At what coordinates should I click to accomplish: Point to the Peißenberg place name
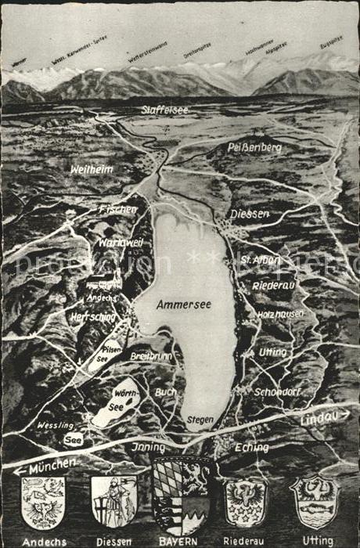(254, 146)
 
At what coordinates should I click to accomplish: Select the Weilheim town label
(92, 169)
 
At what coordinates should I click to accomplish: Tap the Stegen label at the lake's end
(200, 420)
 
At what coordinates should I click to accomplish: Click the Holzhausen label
(280, 314)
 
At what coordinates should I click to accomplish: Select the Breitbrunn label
(150, 355)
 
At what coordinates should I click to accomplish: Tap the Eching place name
(251, 448)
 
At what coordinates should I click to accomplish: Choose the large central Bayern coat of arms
(182, 496)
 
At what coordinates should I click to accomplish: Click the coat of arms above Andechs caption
(42, 501)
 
